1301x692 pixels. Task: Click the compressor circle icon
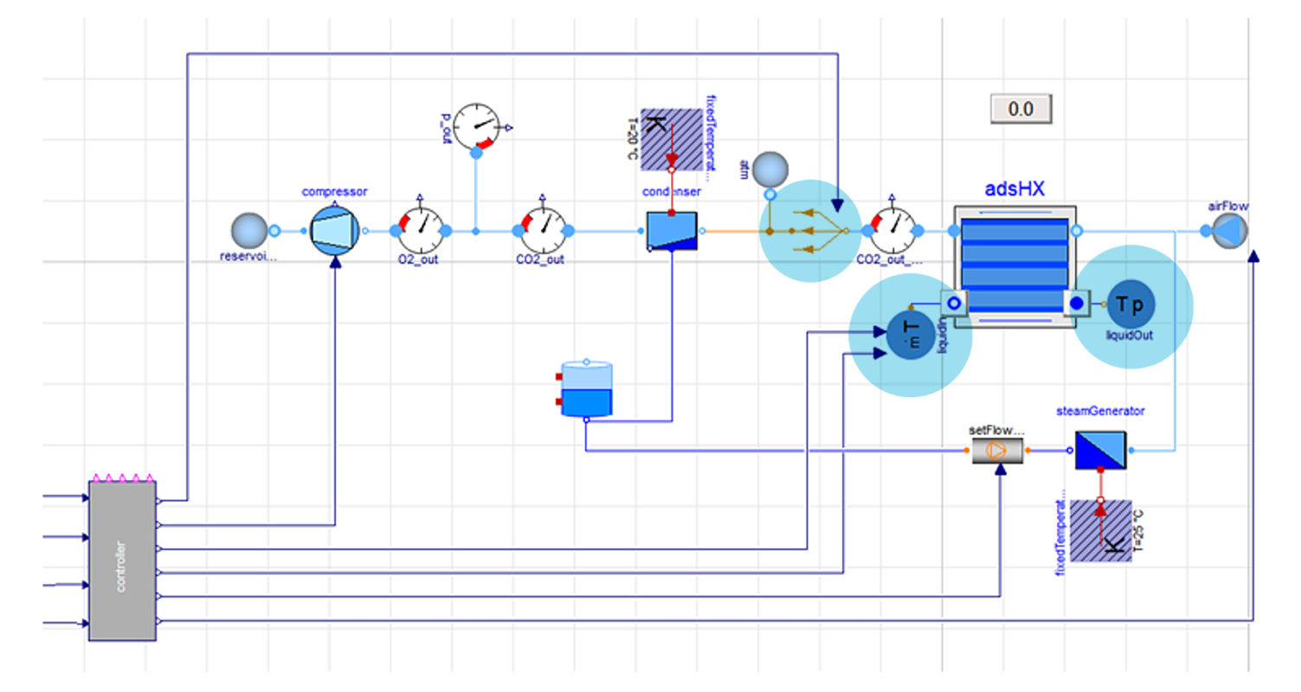[334, 231]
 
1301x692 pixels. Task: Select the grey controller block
[122, 561]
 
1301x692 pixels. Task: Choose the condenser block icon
[672, 231]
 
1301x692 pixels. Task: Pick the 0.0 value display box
[1021, 109]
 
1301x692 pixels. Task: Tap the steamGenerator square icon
[1100, 450]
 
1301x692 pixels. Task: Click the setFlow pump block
[996, 450]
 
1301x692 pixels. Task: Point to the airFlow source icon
[1229, 231]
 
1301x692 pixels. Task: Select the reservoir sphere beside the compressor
[249, 231]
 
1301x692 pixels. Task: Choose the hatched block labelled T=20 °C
[671, 139]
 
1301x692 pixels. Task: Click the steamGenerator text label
[1100, 411]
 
